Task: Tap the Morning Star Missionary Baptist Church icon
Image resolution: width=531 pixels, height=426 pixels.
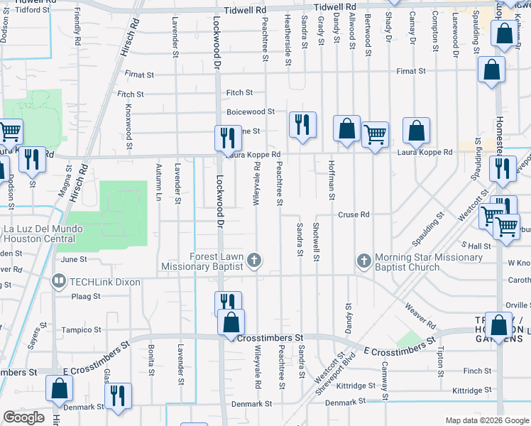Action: (364, 261)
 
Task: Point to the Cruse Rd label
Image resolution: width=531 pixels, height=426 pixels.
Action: (354, 214)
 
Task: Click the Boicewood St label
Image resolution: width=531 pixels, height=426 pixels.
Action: (251, 111)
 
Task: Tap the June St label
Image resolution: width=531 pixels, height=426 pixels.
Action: (73, 260)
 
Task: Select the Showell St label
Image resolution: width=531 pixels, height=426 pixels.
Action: (316, 242)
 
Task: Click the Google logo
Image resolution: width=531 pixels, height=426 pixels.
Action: (24, 417)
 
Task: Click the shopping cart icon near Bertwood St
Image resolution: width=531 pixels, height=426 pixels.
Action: (374, 133)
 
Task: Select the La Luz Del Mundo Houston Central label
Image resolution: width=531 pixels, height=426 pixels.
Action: (43, 234)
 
